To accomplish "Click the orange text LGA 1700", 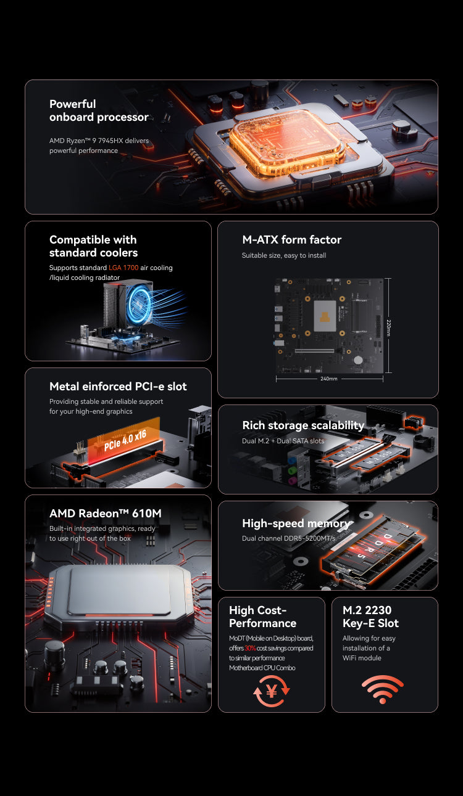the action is point(123,268).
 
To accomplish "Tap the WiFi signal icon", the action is point(383,689).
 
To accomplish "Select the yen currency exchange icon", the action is point(272,691).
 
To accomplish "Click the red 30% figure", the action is point(250,648).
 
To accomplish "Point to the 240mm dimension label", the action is point(329,379).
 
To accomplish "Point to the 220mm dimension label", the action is point(389,327).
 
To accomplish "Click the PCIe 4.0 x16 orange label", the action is point(125,440).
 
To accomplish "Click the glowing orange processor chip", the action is point(287,141).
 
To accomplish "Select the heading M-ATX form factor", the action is point(291,239).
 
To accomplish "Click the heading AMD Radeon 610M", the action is point(106,513).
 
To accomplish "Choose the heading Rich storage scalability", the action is point(303,425).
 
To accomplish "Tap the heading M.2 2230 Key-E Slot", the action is point(370,617).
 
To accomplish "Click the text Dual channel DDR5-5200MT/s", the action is point(289,538).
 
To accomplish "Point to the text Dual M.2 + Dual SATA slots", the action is point(283,441).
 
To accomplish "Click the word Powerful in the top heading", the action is point(73,104).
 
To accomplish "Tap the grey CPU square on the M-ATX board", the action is point(325,316).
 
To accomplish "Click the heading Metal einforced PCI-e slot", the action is point(118,386).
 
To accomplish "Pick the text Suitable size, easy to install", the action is point(284,255).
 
